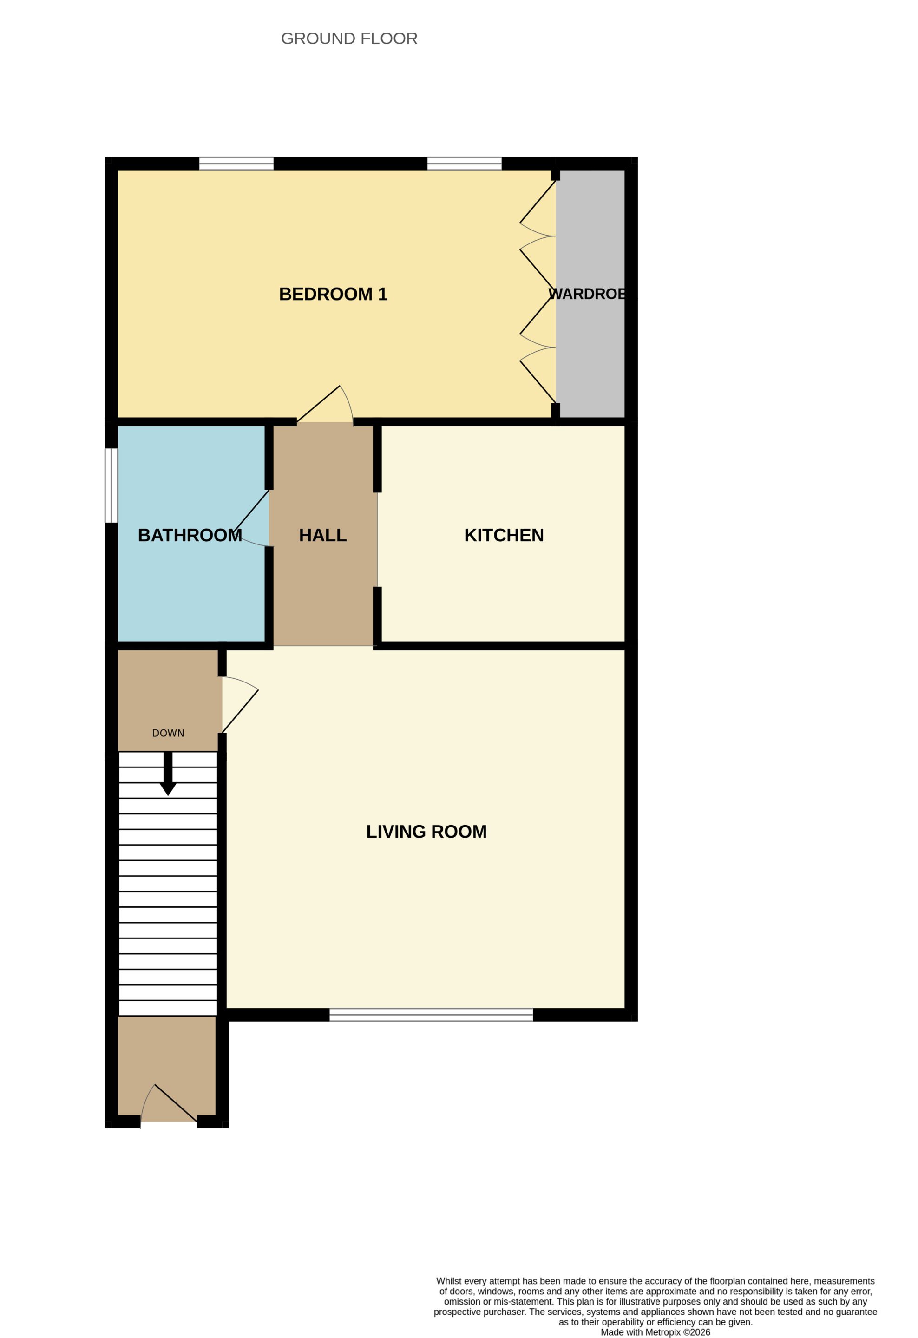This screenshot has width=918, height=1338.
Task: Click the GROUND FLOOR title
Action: (349, 39)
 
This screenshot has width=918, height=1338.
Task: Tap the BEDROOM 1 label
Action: (333, 294)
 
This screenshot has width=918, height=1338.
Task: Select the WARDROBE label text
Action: (588, 294)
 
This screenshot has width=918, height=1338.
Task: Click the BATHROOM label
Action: (190, 535)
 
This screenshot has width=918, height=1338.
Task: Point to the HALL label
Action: (323, 535)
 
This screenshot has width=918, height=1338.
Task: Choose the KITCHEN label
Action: (504, 535)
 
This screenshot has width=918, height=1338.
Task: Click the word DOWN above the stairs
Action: (168, 733)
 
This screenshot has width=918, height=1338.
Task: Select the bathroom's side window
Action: (111, 485)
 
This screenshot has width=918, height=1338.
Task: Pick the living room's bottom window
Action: (431, 1015)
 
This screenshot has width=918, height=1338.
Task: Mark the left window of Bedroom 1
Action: (236, 164)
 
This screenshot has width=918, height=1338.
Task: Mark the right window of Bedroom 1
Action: (465, 164)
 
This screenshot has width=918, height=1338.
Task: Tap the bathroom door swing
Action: (251, 518)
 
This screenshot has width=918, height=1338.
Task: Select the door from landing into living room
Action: (240, 705)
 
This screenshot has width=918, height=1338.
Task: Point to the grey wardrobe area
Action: (590, 294)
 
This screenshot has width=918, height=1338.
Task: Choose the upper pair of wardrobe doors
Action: (538, 236)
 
